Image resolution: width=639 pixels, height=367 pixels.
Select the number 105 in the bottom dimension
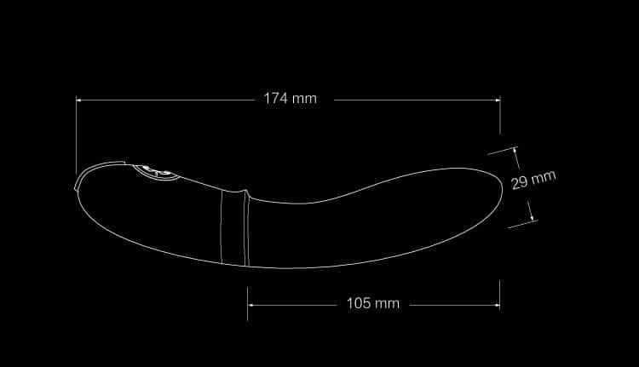pyautogui.click(x=359, y=303)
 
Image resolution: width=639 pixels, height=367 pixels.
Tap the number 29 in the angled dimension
pyautogui.click(x=520, y=182)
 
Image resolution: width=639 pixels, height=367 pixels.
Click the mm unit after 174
pyautogui.click(x=304, y=99)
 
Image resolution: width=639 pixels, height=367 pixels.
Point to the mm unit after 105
pyautogui.click(x=387, y=304)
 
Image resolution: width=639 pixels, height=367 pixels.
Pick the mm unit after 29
pyautogui.click(x=544, y=177)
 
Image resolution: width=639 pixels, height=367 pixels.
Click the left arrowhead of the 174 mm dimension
pyautogui.click(x=79, y=100)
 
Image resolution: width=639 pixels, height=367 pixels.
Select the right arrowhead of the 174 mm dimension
pyautogui.click(x=498, y=100)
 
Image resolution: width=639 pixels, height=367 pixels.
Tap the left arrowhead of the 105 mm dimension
pyautogui.click(x=250, y=305)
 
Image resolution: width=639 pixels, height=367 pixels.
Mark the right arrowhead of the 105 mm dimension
pyautogui.click(x=497, y=305)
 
